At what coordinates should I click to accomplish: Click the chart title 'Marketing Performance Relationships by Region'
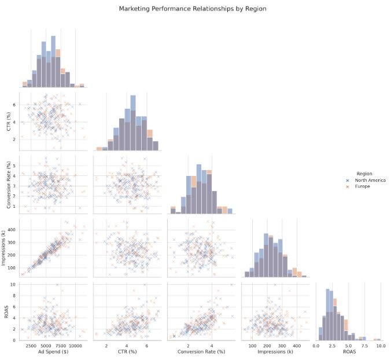coord(193,9)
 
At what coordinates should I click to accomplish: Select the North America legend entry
coord(370,180)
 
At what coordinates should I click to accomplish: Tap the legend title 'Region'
coord(364,173)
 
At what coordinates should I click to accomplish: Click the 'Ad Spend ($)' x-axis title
coord(53,351)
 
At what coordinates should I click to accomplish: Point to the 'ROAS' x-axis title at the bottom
coord(349,351)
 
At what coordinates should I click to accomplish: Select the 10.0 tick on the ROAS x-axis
coord(380,345)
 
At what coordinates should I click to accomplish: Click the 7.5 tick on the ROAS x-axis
coord(364,345)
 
